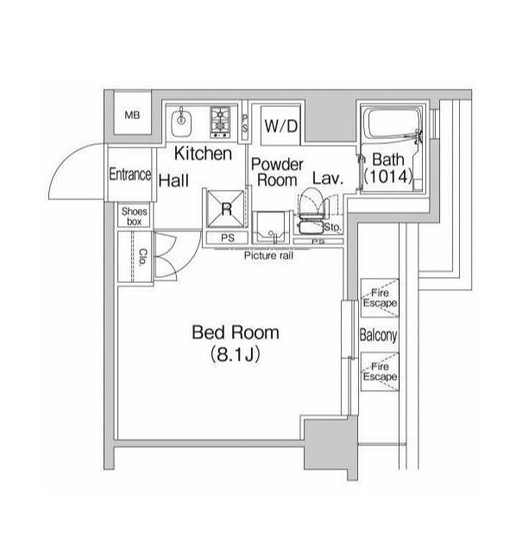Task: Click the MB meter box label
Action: pos(132,115)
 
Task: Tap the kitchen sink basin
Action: pos(181,122)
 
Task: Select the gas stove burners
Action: pos(220,122)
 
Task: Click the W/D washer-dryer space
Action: pos(280,126)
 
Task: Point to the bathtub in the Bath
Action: pos(391,123)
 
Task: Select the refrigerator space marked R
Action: pos(226,209)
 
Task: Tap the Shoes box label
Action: pos(135,217)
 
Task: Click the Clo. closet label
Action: pos(143,257)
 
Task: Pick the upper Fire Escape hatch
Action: pos(380,298)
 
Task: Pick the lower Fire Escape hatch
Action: pos(380,372)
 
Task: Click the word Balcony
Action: pos(379,335)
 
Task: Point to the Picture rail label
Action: pos(268,255)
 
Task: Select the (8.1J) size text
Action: pos(236,355)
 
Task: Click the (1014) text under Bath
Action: pos(388,176)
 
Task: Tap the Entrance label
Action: pos(130,174)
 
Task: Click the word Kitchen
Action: pos(203,154)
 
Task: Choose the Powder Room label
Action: pos(277,173)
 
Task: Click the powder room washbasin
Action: pos(272,228)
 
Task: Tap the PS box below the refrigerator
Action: pos(227,238)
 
